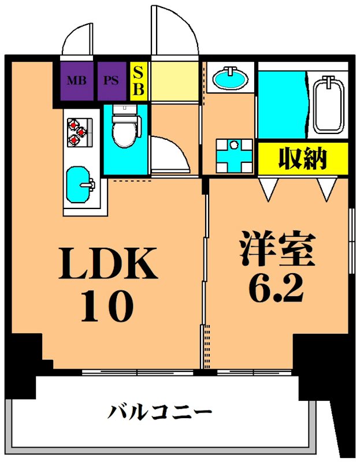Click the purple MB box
point(76,80)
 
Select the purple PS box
point(112,80)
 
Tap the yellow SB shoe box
point(139,81)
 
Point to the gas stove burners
point(76,132)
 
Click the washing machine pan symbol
point(234,155)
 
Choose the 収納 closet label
point(303,158)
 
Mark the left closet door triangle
point(268,188)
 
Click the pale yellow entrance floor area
point(175,80)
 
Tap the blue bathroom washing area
point(281,104)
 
